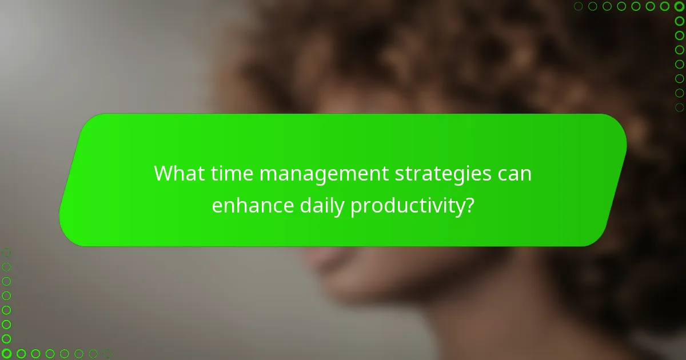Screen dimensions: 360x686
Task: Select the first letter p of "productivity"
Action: pos(356,208)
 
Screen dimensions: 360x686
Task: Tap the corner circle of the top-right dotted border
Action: pos(679,6)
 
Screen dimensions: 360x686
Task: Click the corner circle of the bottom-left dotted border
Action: pos(6,354)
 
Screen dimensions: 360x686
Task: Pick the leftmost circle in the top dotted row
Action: pos(579,6)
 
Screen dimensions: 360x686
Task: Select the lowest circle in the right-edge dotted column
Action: pos(679,107)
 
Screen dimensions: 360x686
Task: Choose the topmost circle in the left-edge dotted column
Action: pos(6,252)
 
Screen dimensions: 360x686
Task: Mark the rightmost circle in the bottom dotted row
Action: pos(107,354)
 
